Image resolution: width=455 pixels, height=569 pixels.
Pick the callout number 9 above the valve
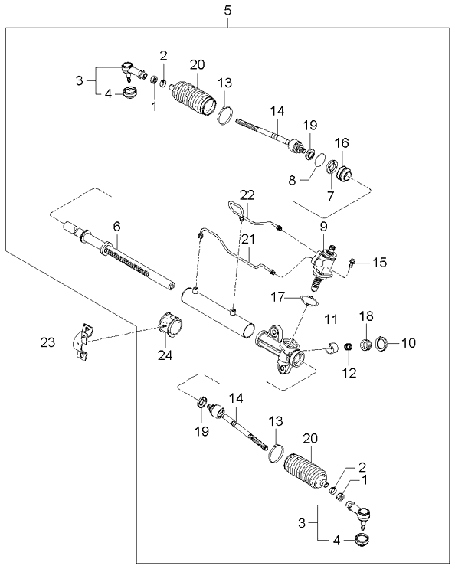(323, 227)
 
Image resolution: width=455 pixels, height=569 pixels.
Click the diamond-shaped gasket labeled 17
(306, 300)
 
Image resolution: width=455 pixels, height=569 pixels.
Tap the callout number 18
(365, 316)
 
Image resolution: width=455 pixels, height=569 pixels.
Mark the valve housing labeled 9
(325, 262)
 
